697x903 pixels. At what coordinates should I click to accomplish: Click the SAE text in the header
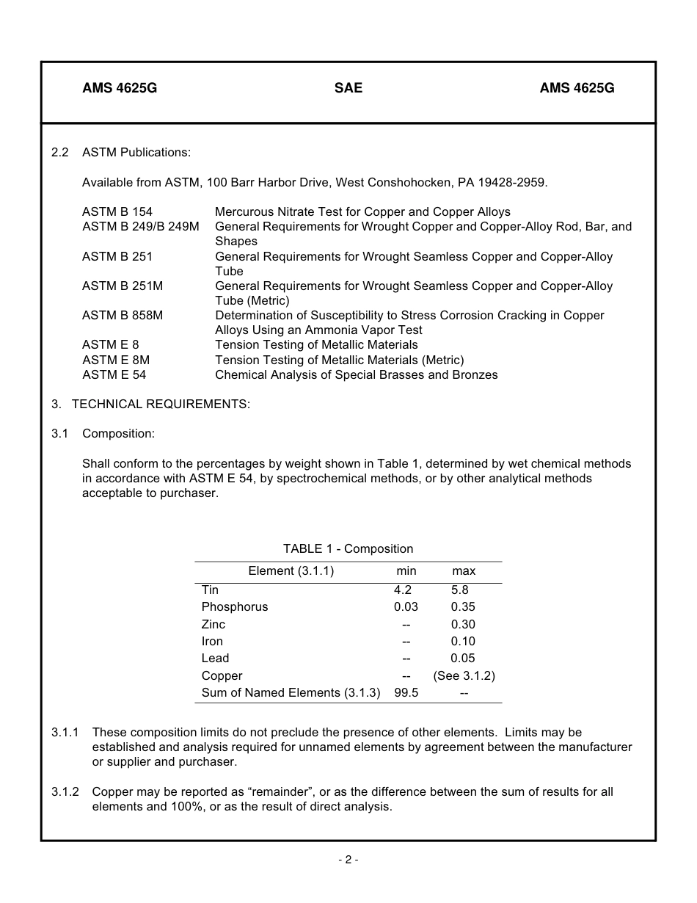(x=348, y=88)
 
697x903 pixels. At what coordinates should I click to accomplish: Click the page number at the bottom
(x=348, y=860)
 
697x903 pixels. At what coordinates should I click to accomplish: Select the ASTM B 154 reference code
(x=117, y=212)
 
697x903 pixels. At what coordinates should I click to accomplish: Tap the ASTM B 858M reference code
(x=123, y=316)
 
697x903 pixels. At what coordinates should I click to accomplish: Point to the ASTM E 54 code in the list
(x=114, y=375)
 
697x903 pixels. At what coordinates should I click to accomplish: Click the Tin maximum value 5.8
(x=460, y=590)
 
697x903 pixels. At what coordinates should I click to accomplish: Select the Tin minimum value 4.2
(x=403, y=590)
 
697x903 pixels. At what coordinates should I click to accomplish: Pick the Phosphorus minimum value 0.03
(x=406, y=607)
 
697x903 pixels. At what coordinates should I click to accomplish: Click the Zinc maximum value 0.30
(x=463, y=625)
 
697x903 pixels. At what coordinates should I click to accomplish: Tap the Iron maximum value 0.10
(x=463, y=642)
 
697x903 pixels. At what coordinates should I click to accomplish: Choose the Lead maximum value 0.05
(x=463, y=659)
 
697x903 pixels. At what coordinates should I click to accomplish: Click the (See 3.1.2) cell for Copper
(x=464, y=676)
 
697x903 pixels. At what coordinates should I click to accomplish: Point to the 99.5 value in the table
(x=406, y=693)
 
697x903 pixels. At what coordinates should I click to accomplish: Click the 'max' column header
(x=464, y=571)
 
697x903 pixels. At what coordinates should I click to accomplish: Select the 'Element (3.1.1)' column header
(x=291, y=571)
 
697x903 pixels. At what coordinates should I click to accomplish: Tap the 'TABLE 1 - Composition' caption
(x=348, y=549)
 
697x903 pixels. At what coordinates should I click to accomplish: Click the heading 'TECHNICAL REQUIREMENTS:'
(x=161, y=405)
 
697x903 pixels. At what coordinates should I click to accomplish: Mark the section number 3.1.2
(x=65, y=792)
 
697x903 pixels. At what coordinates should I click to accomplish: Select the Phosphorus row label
(x=235, y=607)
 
